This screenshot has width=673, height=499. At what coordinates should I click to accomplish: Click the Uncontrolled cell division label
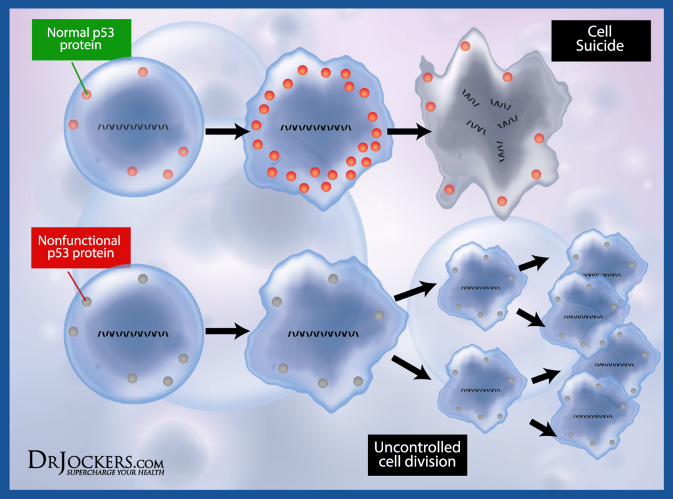[417, 454]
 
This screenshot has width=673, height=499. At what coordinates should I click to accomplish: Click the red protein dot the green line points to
[87, 95]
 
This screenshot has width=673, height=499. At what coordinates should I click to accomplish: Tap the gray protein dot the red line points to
[87, 302]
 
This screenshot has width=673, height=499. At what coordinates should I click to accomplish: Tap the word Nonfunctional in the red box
[80, 240]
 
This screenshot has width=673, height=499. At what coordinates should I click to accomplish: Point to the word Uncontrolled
[417, 447]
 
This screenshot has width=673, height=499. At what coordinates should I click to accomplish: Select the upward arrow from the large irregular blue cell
[415, 291]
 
